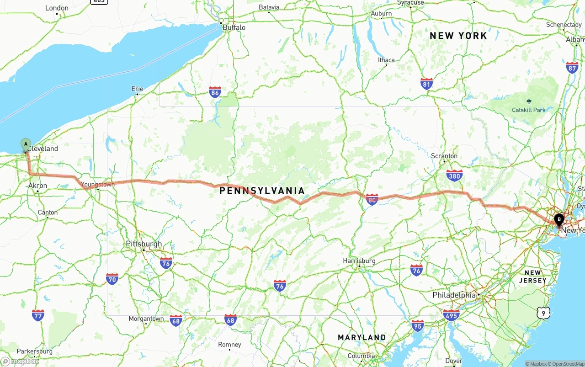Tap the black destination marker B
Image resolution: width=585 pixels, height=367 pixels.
tap(558, 220)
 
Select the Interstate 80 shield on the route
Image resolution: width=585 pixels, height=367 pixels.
tap(372, 199)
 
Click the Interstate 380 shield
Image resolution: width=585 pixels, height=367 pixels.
tap(454, 176)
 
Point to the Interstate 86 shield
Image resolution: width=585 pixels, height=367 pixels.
tap(215, 92)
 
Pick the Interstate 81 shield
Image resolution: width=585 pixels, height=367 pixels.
tap(426, 83)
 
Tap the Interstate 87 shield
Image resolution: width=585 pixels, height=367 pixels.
tap(572, 68)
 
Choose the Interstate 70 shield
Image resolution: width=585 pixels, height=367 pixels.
tap(112, 279)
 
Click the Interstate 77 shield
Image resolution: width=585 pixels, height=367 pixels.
tap(38, 315)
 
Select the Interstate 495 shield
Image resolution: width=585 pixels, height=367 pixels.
tap(451, 315)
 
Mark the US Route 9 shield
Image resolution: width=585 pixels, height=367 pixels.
tap(543, 313)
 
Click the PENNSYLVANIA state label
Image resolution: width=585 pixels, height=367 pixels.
tap(262, 191)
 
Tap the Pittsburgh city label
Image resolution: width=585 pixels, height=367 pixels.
tap(144, 244)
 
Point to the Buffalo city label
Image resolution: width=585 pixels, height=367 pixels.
tap(234, 27)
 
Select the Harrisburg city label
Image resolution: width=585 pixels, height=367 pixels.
tap(359, 261)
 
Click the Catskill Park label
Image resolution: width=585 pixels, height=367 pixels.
tap(529, 110)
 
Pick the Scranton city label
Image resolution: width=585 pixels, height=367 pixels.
tap(444, 156)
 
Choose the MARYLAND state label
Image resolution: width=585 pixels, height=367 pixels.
tap(362, 337)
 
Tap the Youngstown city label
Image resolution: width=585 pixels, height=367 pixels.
tap(98, 185)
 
